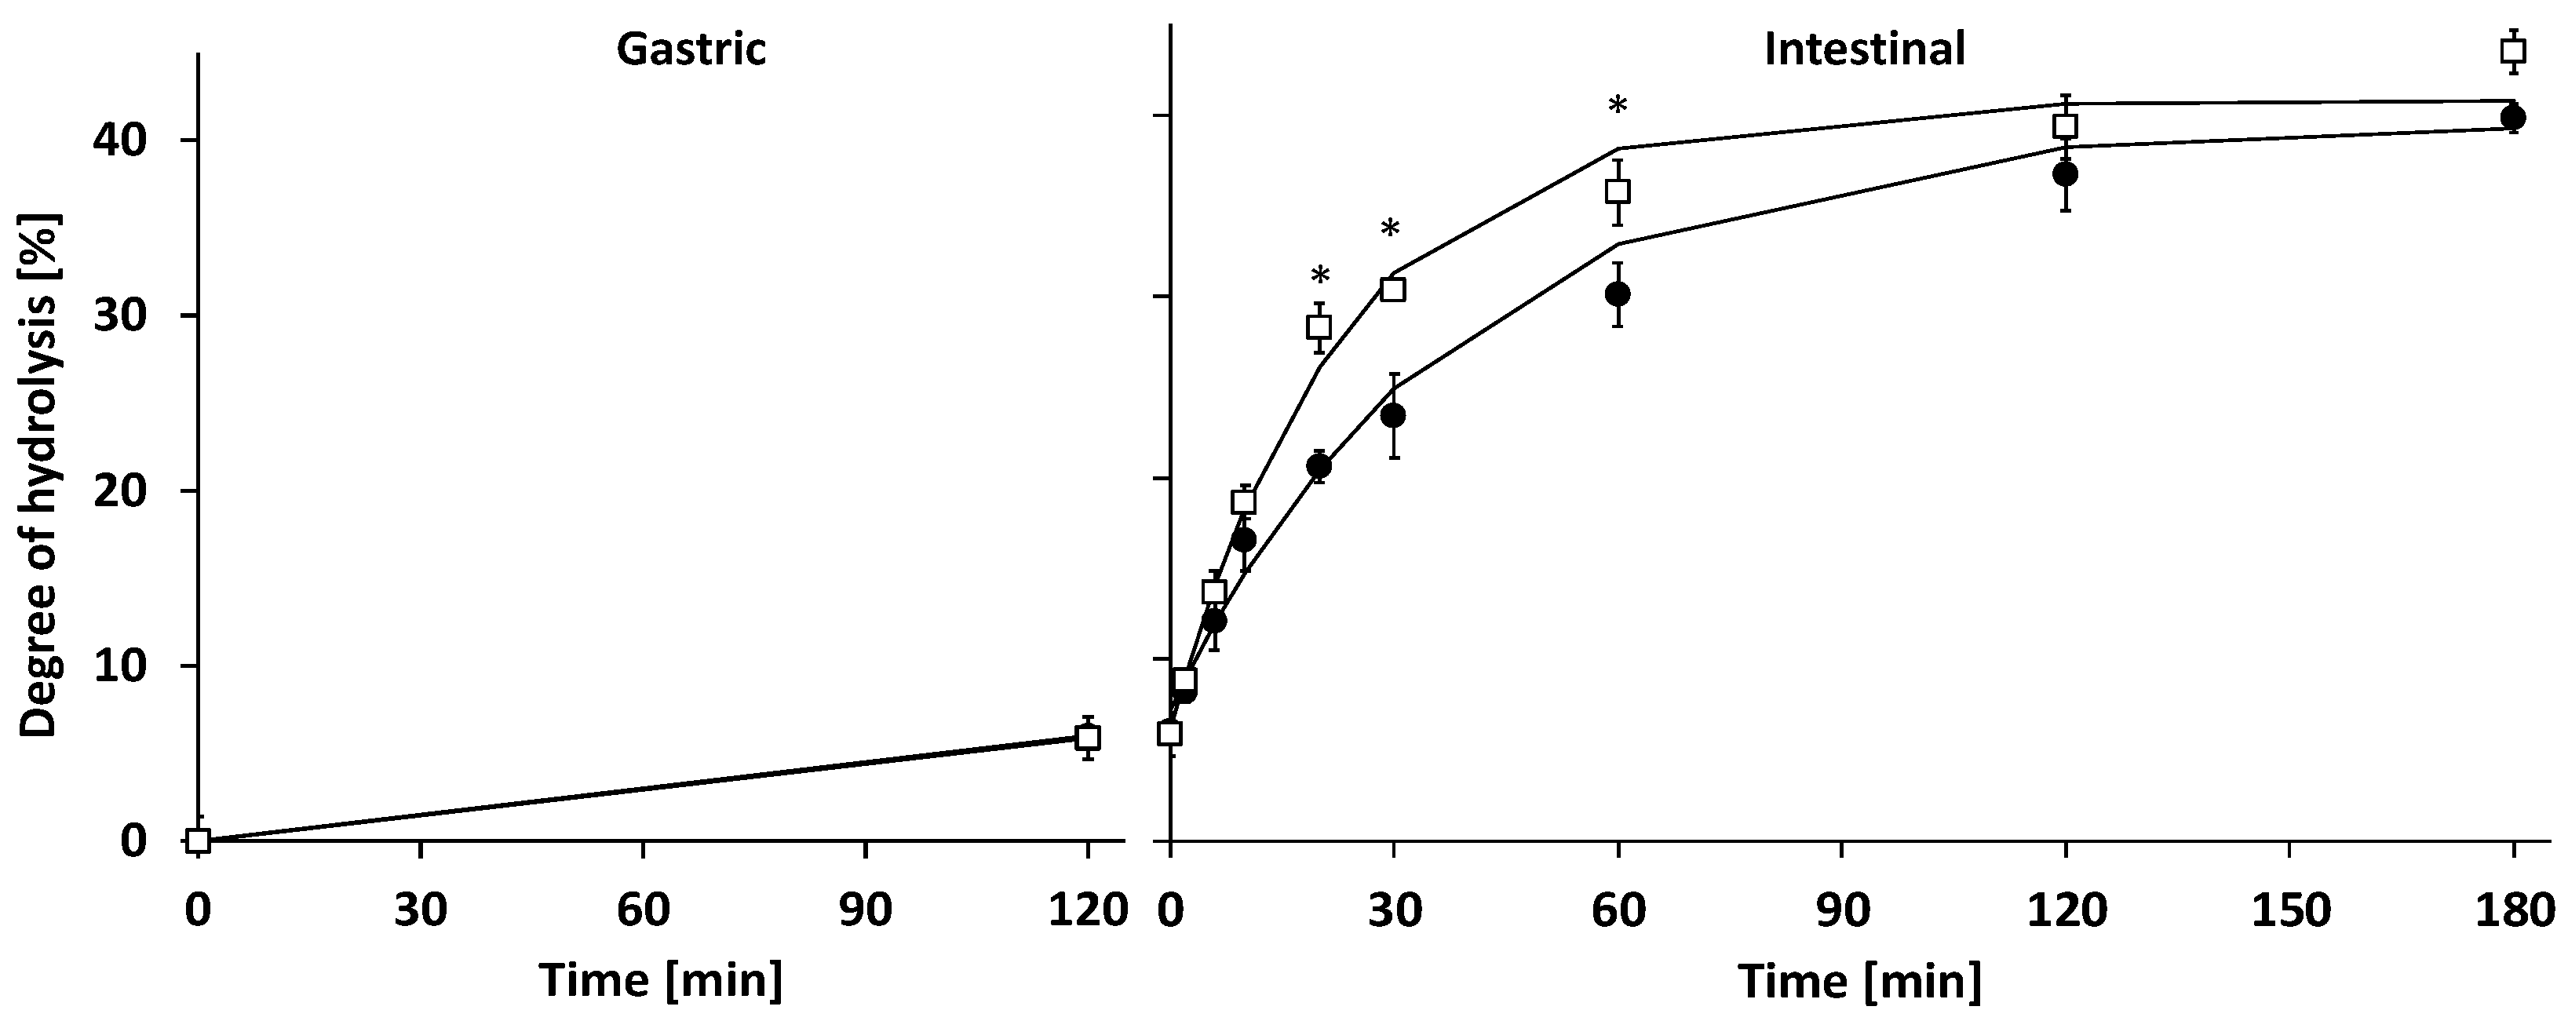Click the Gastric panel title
(691, 49)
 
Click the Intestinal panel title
(1864, 49)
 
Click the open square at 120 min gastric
(1088, 738)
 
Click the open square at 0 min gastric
(199, 841)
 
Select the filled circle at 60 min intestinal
(1618, 294)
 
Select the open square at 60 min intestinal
(1618, 191)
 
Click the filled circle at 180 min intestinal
(2513, 118)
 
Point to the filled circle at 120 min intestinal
(2066, 173)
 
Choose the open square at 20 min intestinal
(1319, 326)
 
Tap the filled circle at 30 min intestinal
(1394, 415)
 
